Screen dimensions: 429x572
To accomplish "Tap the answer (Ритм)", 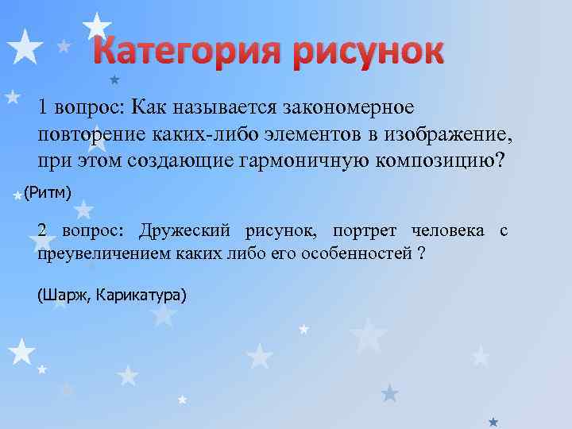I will click(x=48, y=191).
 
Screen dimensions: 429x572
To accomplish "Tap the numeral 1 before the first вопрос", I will click(x=43, y=107).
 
